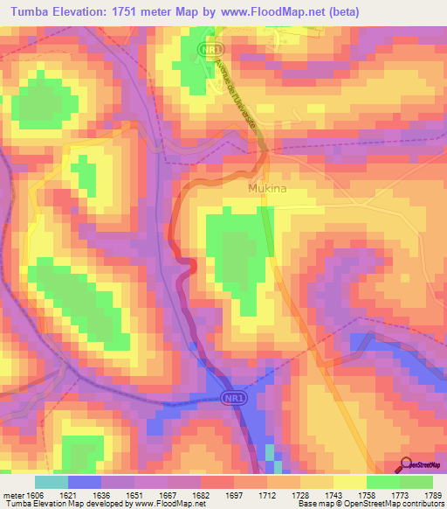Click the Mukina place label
267,188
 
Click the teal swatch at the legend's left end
51,482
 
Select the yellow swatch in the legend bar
349,482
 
